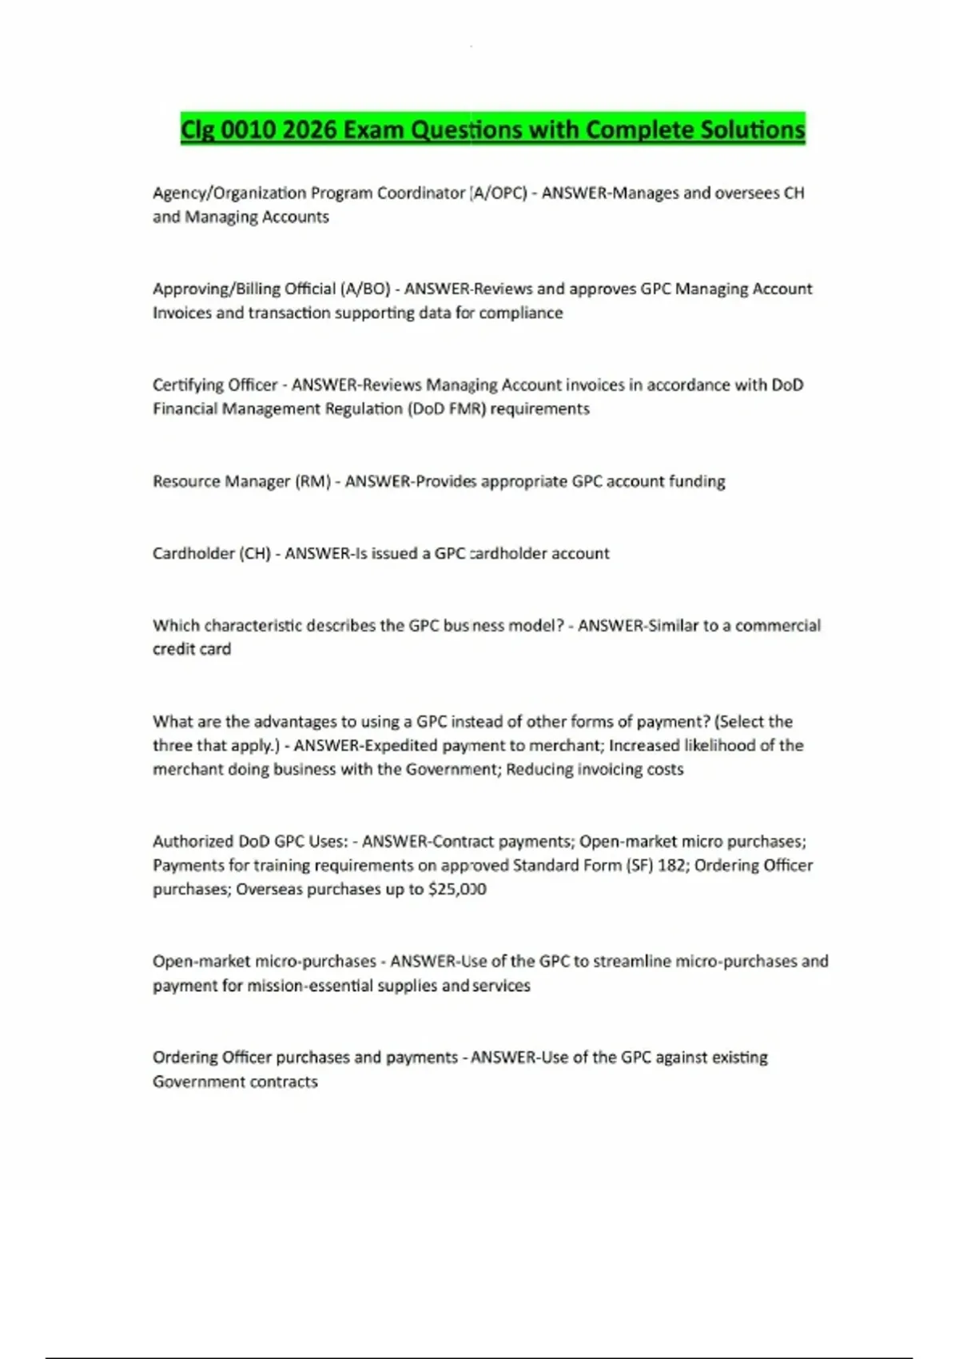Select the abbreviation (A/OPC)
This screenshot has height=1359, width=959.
(498, 193)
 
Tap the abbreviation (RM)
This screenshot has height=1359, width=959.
(312, 481)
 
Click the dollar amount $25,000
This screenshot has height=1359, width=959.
(457, 889)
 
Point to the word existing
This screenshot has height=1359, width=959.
(740, 1058)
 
